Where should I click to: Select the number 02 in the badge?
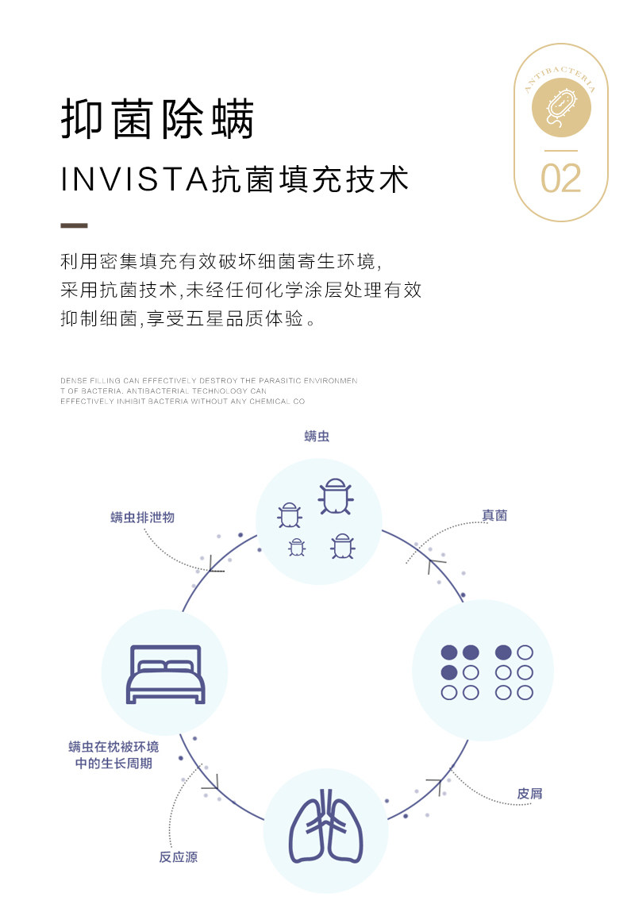click(x=560, y=178)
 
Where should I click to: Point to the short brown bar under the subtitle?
click(x=74, y=225)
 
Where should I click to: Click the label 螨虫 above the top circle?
click(x=317, y=437)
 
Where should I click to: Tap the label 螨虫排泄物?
click(x=142, y=517)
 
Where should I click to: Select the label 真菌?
click(x=494, y=515)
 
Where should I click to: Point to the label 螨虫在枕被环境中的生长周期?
click(x=113, y=755)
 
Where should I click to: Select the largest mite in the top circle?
click(x=335, y=495)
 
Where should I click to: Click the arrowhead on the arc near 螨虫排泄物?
click(x=213, y=566)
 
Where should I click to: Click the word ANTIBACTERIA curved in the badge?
click(x=560, y=79)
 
